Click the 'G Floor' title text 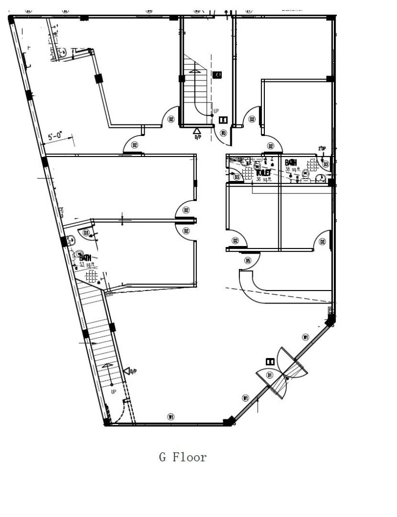click(183, 457)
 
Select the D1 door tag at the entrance click(270, 375)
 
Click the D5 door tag click(248, 260)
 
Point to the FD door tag click(223, 134)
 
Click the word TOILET click(263, 172)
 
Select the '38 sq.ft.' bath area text click(293, 169)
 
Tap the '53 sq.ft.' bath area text click(87, 265)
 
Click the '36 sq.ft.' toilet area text click(264, 179)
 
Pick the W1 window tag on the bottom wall click(170, 417)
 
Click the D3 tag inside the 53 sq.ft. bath click(86, 233)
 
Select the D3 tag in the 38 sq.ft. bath click(326, 164)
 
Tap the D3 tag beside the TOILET click(237, 177)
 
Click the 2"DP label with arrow click(322, 149)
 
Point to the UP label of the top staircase click(216, 111)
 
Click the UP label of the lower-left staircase click(113, 392)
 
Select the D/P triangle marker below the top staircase click(197, 130)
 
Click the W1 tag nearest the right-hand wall click(306, 337)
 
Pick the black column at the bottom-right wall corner click(229, 421)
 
